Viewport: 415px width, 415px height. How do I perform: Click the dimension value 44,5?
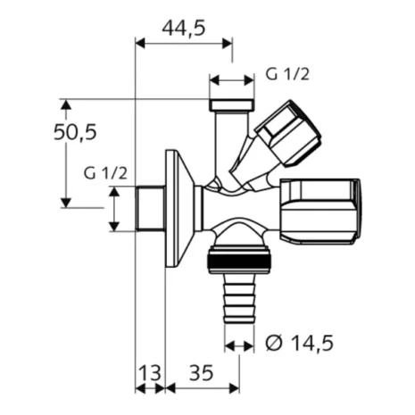(x=182, y=28)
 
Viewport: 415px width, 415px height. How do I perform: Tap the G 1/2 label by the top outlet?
(x=286, y=77)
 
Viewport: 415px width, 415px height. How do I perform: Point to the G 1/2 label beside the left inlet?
(x=104, y=172)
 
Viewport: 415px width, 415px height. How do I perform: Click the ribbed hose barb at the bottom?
(x=237, y=303)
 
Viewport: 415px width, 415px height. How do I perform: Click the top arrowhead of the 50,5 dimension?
(x=66, y=101)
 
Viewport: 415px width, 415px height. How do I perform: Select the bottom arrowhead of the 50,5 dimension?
(x=66, y=203)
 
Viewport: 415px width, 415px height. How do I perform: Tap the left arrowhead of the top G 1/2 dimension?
(x=213, y=78)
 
